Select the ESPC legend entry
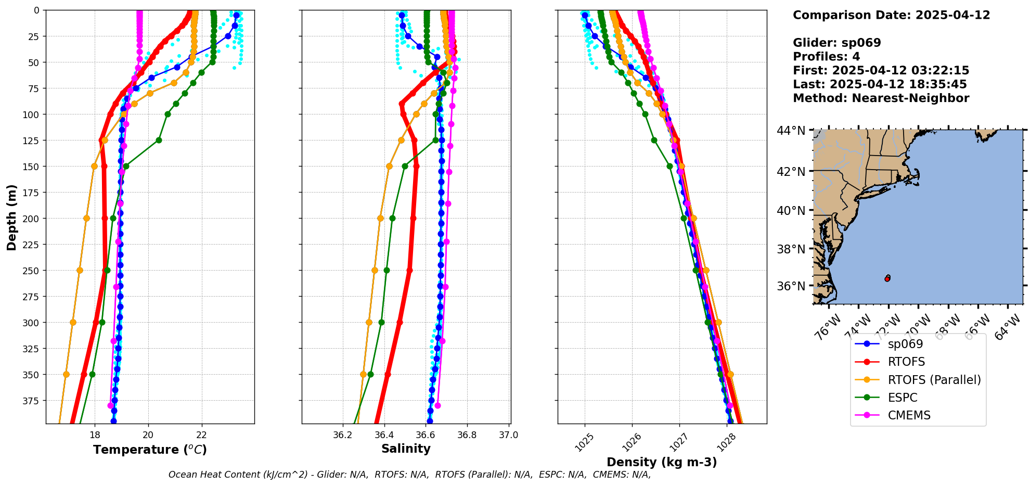coord(903,398)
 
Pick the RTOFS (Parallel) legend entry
coord(934,380)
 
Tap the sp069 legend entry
coord(905,344)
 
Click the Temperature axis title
coord(150,450)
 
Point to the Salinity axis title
coord(406,449)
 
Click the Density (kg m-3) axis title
coord(662,462)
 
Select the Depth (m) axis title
coord(12,217)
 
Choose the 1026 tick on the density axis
coord(628,442)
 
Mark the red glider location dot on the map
coord(887,279)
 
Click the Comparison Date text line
coord(891,15)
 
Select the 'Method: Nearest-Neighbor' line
coord(881,98)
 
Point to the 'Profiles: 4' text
coord(826,57)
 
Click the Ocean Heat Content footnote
coord(409,475)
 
